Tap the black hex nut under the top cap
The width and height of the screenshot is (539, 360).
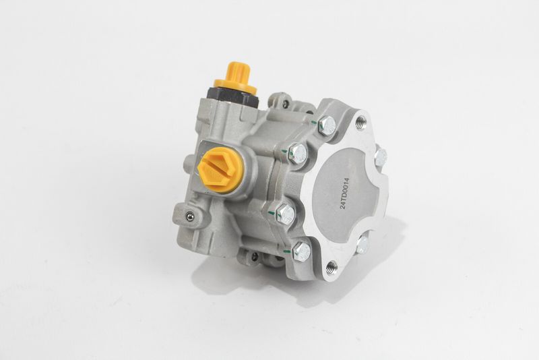pos(232,96)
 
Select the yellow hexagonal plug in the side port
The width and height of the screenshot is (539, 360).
pos(221,169)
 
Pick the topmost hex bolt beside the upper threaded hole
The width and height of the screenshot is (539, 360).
pos(327,125)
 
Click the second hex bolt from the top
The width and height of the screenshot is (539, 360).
pos(298,152)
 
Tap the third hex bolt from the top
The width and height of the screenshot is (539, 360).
pos(286,212)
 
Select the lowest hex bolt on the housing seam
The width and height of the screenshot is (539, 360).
pos(301,251)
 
